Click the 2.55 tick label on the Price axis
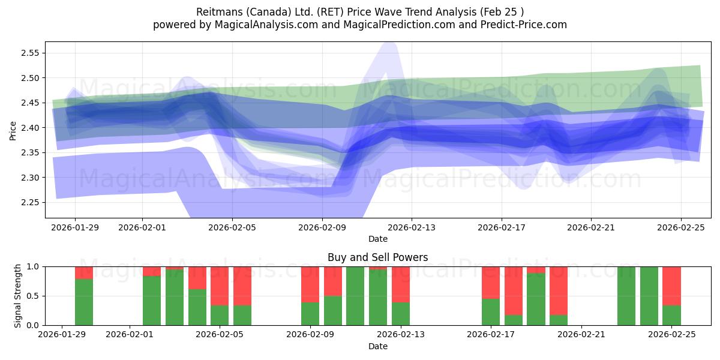pos(31,53)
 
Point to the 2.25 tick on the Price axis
pos(31,202)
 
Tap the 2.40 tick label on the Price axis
pos(31,128)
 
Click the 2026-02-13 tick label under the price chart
pos(412,228)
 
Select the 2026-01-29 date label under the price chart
pos(75,228)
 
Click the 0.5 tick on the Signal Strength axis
pos(32,296)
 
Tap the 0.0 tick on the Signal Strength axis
pos(32,325)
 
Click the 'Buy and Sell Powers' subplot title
pos(377,257)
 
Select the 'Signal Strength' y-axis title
pos(18,296)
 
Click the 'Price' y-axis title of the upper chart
pos(13,130)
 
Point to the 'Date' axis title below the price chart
pos(377,239)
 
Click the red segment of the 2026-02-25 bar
pos(671,286)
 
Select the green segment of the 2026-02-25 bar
pos(671,316)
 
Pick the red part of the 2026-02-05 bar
pos(220,286)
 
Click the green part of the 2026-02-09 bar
pos(310,314)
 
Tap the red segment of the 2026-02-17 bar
pos(491,283)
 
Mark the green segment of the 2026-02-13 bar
pos(401,314)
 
